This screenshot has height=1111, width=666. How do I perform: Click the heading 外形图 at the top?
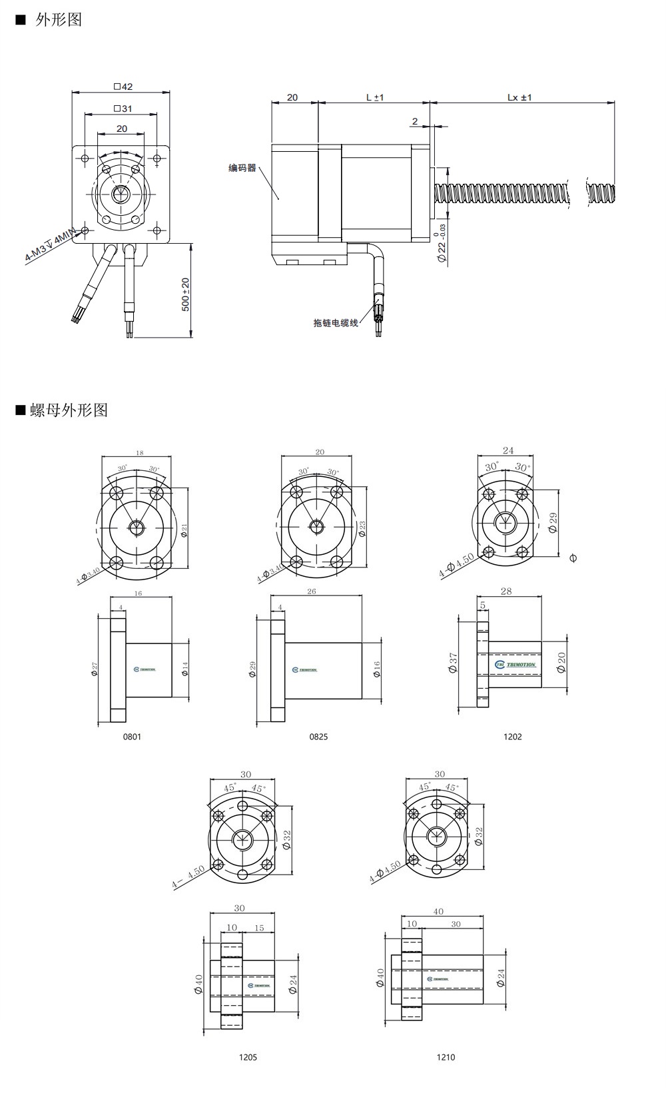click(x=59, y=20)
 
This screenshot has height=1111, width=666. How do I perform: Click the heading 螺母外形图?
click(x=69, y=410)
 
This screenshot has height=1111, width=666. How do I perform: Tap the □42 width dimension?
click(x=123, y=87)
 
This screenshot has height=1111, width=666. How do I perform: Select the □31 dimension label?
click(x=123, y=108)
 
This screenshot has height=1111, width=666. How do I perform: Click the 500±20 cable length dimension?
click(x=186, y=294)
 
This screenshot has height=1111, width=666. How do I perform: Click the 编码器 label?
click(x=242, y=168)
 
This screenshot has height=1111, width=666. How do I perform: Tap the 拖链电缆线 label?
click(x=336, y=322)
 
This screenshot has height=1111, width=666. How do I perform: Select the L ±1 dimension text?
click(x=375, y=97)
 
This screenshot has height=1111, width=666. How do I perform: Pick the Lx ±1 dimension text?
click(x=519, y=97)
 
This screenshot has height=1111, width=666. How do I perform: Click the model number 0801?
click(x=132, y=737)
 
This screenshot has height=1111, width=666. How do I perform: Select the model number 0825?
click(x=318, y=737)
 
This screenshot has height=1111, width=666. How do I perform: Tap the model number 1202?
click(x=512, y=737)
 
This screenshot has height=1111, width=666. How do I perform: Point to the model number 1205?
click(x=248, y=1057)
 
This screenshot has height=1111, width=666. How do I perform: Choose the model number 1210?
click(x=446, y=1057)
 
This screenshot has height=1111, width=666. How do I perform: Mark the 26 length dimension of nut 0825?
click(x=312, y=591)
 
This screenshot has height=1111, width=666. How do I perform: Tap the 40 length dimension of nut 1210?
click(x=438, y=912)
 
